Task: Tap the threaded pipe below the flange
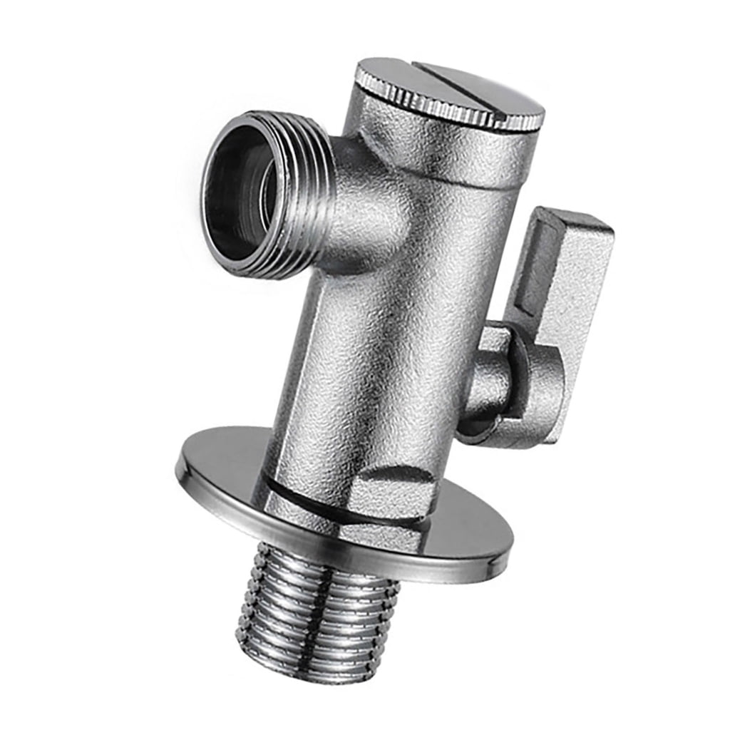[x=321, y=613]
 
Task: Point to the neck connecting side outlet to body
[x=364, y=207]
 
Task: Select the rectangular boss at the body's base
[x=389, y=492]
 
